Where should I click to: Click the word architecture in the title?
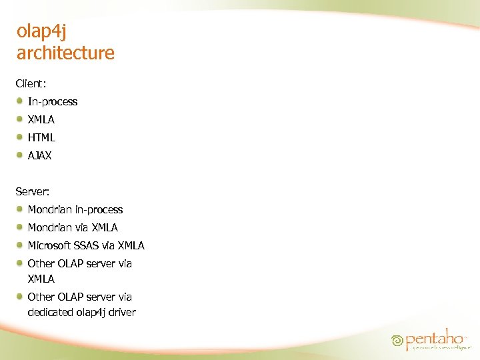(x=65, y=53)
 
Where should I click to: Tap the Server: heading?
(x=33, y=191)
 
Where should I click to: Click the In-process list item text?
(x=52, y=102)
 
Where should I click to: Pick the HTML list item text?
(x=41, y=138)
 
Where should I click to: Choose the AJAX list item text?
(x=39, y=156)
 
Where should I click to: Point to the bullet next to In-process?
(x=21, y=101)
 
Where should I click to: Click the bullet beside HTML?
(x=21, y=137)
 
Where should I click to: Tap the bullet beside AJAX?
(x=21, y=155)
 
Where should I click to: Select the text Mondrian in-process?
(x=75, y=210)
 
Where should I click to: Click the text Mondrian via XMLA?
(x=73, y=228)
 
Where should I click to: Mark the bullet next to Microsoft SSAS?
(x=21, y=245)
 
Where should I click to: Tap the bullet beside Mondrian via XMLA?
(x=21, y=227)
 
